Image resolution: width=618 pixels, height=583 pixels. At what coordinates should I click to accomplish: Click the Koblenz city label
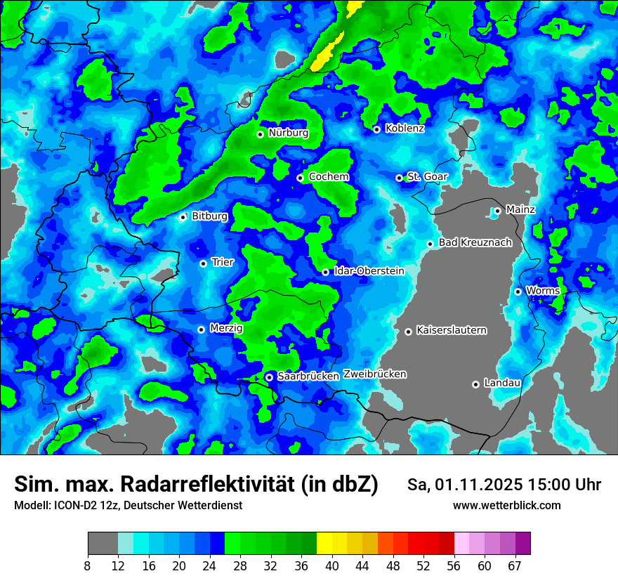tap(405, 129)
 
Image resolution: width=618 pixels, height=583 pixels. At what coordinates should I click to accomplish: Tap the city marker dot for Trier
tap(203, 263)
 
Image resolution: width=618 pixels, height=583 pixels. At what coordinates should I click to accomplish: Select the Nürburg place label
tap(288, 133)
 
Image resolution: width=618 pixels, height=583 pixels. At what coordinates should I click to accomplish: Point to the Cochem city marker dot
tap(300, 178)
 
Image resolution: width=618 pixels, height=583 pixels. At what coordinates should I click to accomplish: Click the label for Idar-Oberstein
tap(369, 270)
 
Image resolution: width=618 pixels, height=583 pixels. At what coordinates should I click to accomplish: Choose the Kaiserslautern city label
tap(451, 330)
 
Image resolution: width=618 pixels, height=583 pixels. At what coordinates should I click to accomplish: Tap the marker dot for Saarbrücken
tap(269, 377)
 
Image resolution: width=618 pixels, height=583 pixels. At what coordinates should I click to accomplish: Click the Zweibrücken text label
tap(374, 374)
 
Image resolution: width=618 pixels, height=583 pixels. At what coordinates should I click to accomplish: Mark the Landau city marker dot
tap(475, 384)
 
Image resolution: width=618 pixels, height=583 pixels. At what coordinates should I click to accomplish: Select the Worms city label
tap(542, 291)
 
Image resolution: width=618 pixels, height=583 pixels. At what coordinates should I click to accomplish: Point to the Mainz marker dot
tap(497, 211)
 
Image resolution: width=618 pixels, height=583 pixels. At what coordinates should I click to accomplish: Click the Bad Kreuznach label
tap(475, 242)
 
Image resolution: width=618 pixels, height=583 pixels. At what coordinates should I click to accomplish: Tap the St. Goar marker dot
tap(399, 178)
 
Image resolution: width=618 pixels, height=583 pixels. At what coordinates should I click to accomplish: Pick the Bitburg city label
tap(209, 216)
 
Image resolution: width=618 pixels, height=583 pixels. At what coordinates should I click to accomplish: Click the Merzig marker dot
tap(201, 329)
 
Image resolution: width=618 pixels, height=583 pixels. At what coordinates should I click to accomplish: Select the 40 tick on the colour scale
tap(332, 565)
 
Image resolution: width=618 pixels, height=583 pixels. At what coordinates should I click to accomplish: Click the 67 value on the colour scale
tap(515, 565)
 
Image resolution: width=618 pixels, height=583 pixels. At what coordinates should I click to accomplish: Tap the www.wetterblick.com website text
tap(506, 505)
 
